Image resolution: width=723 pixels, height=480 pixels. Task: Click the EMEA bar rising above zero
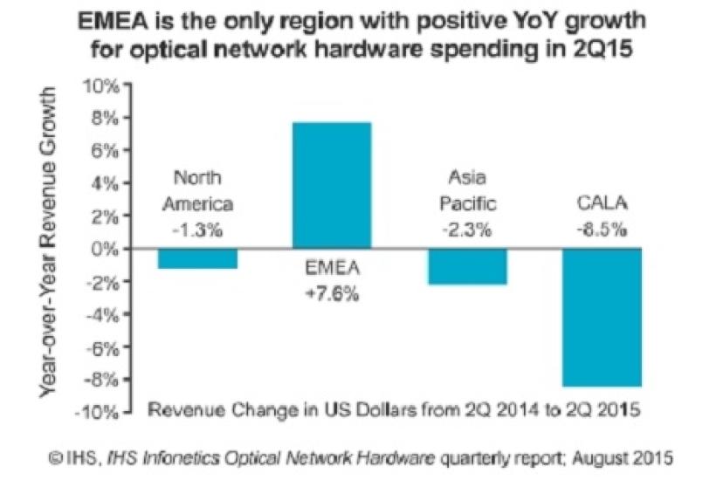tap(331, 185)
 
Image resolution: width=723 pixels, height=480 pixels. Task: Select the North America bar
tap(197, 258)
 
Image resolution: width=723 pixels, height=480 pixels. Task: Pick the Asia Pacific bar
tap(466, 266)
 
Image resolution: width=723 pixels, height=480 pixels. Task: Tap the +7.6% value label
tap(332, 294)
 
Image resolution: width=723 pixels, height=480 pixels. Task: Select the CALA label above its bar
tap(602, 206)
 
